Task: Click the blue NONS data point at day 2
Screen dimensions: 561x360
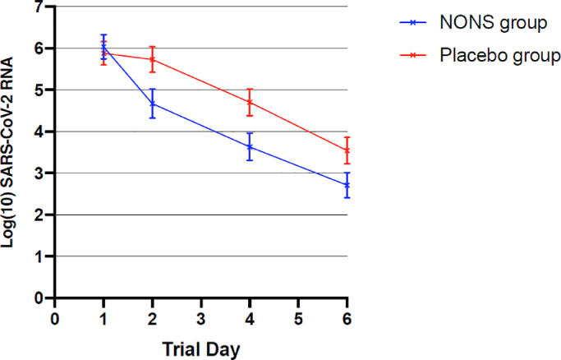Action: (153, 104)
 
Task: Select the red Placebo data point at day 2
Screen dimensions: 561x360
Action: (153, 59)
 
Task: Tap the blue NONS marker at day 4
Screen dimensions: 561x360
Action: (250, 147)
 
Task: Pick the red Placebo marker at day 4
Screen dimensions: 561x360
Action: (250, 103)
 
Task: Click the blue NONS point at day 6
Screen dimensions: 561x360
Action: (347, 185)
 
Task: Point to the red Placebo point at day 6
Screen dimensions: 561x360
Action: (347, 150)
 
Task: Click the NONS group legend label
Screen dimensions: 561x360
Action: (494, 22)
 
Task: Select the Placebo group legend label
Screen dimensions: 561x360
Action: (500, 55)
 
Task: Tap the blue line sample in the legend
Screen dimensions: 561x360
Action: (413, 22)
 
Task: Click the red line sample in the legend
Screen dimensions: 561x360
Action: (413, 55)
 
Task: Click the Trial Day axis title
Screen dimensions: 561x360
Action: (201, 349)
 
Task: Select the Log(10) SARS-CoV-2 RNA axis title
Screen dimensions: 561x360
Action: (7, 152)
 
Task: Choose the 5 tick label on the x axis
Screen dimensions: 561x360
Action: (298, 319)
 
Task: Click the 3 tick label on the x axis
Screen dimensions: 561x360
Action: (201, 319)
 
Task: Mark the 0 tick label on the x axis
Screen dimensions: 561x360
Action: (55, 319)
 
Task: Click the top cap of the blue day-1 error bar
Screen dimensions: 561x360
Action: (103, 35)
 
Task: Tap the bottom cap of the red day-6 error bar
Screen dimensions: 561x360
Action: (347, 164)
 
